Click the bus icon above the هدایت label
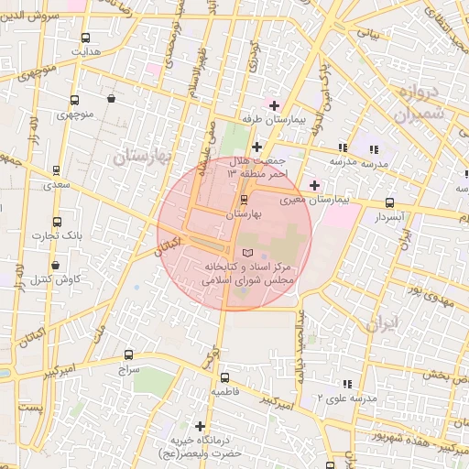[86, 38]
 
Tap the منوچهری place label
[74, 115]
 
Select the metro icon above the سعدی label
[57, 170]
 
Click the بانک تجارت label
[58, 236]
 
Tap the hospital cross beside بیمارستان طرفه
[274, 105]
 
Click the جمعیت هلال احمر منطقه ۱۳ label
[256, 168]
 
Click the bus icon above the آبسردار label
[390, 203]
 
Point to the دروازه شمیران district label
[420, 104]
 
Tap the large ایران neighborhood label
[384, 324]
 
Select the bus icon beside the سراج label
[128, 354]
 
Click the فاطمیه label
[225, 391]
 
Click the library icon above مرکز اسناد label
[245, 252]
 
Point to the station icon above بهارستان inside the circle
[244, 200]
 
